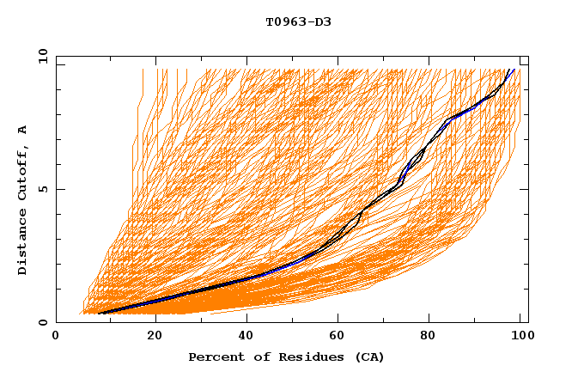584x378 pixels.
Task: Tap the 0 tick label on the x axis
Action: [x=56, y=337]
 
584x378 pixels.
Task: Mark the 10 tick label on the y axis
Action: [x=43, y=56]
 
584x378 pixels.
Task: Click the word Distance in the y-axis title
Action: [x=23, y=245]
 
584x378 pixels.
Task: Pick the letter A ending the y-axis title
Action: [x=23, y=130]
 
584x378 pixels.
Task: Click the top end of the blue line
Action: [x=513, y=70]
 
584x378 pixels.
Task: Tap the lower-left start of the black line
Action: [x=98, y=313]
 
